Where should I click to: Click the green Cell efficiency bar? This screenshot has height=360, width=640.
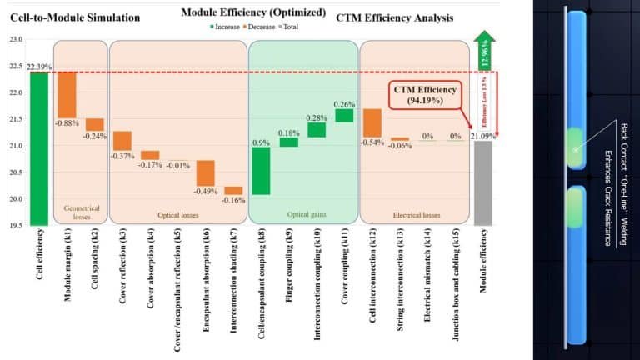(39, 148)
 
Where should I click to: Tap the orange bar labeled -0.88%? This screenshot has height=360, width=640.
(67, 95)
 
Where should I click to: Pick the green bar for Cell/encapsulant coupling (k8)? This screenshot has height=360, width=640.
(261, 171)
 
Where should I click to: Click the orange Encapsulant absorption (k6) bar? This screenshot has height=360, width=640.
(206, 173)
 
